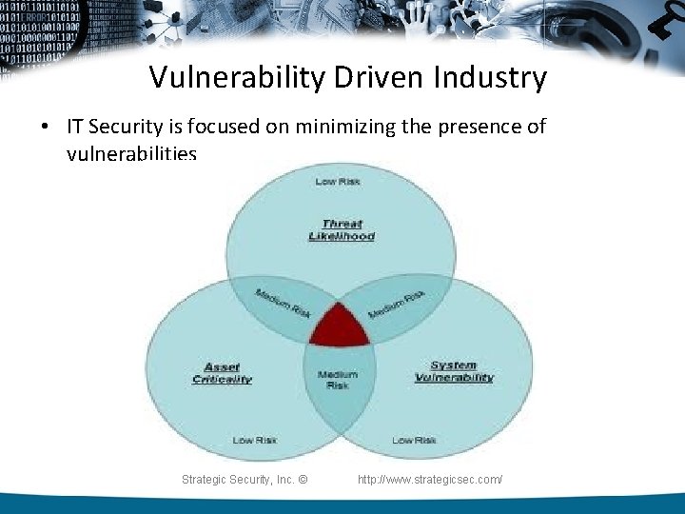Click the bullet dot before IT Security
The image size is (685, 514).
coord(47,127)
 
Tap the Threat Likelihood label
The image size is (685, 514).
coord(342,230)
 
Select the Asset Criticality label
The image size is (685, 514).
coord(222,373)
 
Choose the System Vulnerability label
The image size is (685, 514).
coord(454,371)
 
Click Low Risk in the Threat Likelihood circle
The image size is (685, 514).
coord(338,181)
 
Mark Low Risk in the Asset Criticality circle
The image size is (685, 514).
coord(255,440)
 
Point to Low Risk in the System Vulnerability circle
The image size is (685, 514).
coord(414,440)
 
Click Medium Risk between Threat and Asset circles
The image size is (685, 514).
coord(283,303)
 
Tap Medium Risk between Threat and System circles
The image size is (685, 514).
coord(396,303)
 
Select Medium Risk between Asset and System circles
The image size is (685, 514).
coord(338,380)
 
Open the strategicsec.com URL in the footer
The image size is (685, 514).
coord(430,480)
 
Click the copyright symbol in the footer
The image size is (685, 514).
coord(303,480)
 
